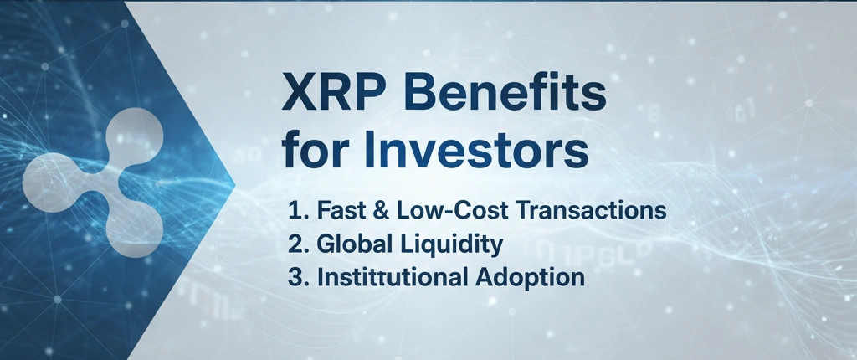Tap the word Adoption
pyautogui.click(x=530, y=279)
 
